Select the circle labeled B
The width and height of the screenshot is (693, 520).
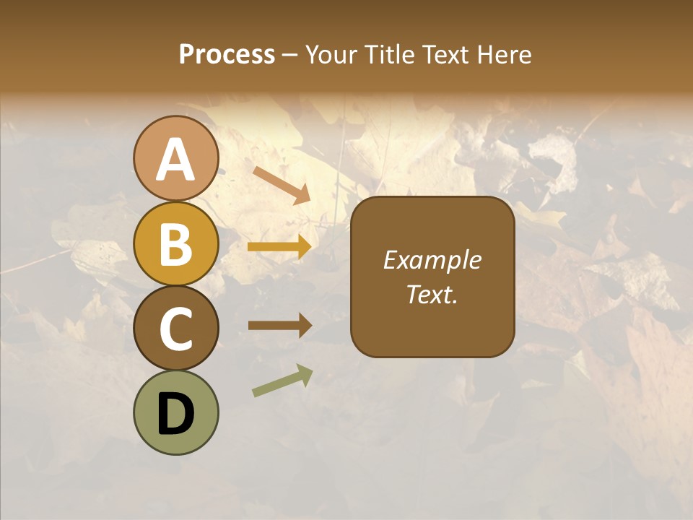tap(176, 243)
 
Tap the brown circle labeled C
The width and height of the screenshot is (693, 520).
tap(176, 328)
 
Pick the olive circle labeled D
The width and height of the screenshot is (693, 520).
tap(176, 412)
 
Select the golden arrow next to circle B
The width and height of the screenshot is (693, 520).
tap(280, 248)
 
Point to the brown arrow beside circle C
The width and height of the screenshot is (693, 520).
tap(280, 326)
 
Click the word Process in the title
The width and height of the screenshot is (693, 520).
tap(227, 54)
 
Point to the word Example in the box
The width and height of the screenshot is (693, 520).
tap(432, 261)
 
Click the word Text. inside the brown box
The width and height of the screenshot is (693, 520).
tap(432, 294)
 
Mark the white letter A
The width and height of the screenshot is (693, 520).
tap(176, 160)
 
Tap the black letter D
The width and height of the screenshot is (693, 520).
tap(176, 414)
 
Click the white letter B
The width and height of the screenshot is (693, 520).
tap(176, 244)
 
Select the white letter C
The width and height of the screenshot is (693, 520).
tap(176, 329)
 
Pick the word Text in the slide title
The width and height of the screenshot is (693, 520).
tap(444, 54)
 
